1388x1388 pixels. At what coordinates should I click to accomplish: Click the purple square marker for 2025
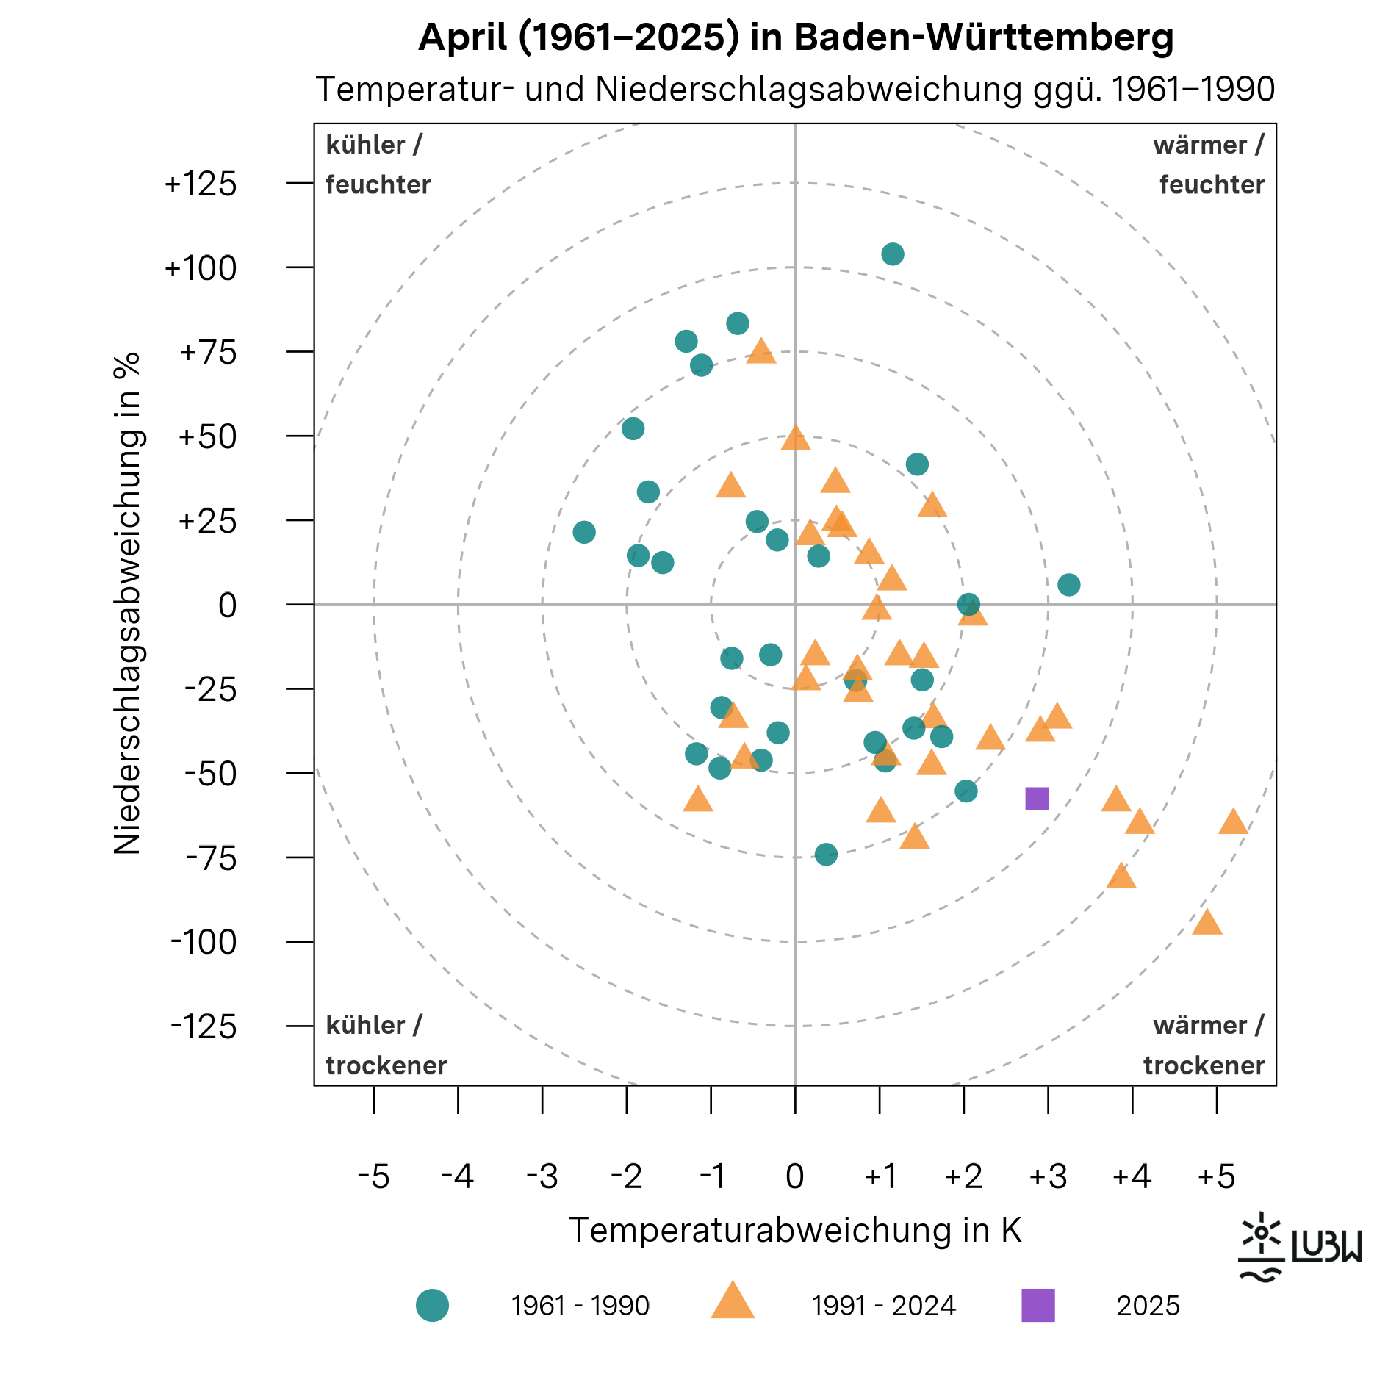pyautogui.click(x=1036, y=799)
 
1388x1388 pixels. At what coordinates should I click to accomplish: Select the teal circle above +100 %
pyautogui.click(x=892, y=254)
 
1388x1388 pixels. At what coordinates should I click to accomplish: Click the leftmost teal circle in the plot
pyautogui.click(x=583, y=532)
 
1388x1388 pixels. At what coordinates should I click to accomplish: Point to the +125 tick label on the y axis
pyautogui.click(x=201, y=184)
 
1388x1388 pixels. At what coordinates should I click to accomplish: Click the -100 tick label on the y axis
pyautogui.click(x=204, y=942)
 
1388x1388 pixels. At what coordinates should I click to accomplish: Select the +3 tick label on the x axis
pyautogui.click(x=1047, y=1176)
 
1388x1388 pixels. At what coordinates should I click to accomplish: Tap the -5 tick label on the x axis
pyautogui.click(x=373, y=1176)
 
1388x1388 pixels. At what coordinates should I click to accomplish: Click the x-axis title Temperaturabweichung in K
pyautogui.click(x=795, y=1230)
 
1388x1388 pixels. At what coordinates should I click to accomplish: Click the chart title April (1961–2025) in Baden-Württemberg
pyautogui.click(x=795, y=37)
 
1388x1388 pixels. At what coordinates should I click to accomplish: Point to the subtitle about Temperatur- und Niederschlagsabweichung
pyautogui.click(x=795, y=90)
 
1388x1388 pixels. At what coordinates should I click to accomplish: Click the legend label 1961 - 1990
pyautogui.click(x=580, y=1306)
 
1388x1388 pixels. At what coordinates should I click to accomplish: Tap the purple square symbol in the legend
pyautogui.click(x=1038, y=1305)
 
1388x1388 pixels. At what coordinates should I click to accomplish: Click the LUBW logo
pyautogui.click(x=1299, y=1247)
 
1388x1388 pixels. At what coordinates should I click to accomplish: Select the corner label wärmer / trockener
pyautogui.click(x=1203, y=1045)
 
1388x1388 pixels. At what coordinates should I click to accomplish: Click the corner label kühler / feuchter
pyautogui.click(x=378, y=165)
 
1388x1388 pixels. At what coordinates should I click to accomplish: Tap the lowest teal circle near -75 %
pyautogui.click(x=826, y=854)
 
